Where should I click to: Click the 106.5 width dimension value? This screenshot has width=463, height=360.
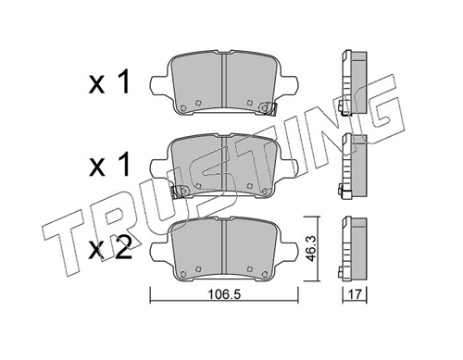[x=224, y=294]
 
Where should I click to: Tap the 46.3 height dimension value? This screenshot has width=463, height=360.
[x=310, y=249]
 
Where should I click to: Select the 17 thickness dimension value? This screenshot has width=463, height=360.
[x=355, y=294]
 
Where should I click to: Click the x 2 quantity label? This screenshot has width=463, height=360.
[x=110, y=248]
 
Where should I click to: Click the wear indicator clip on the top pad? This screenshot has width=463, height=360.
[x=268, y=108]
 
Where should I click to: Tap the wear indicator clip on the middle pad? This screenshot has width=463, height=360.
[x=180, y=192]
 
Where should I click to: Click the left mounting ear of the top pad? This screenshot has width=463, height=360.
[x=159, y=84]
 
